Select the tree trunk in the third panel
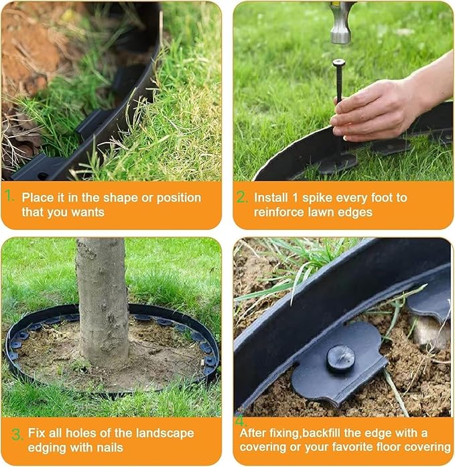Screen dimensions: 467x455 [x=102, y=302]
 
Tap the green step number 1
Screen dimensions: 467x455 [x=9, y=197]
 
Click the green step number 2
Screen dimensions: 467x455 [x=242, y=197]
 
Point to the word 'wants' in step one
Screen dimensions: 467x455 [x=89, y=212]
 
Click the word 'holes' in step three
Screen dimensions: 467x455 [x=72, y=433]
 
